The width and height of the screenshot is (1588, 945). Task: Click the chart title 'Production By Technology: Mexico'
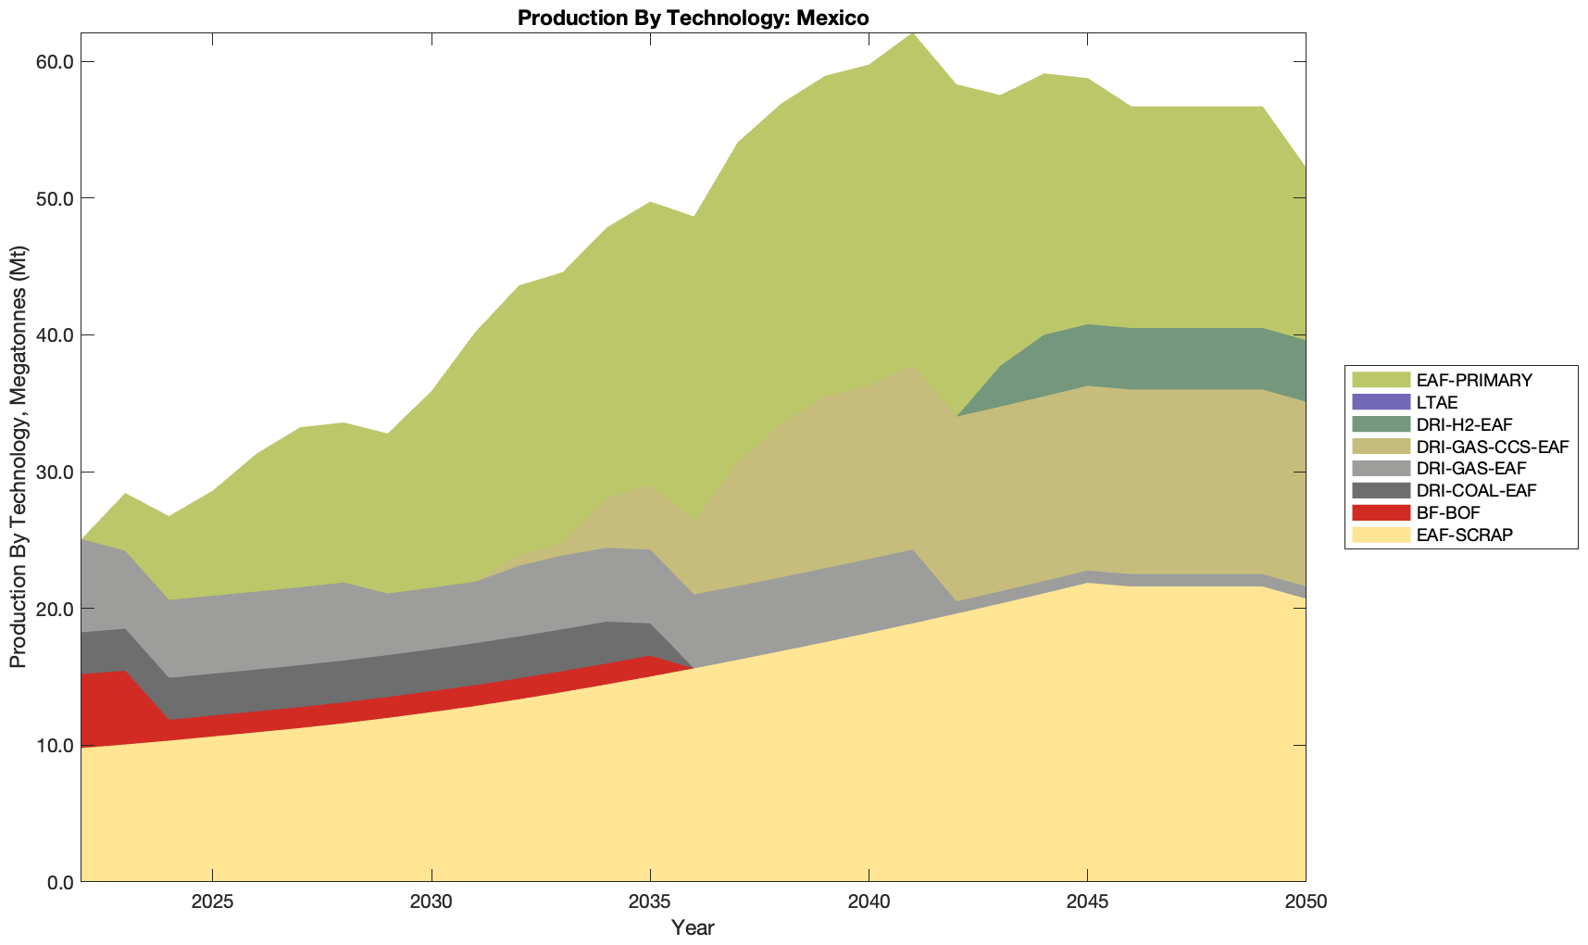[x=693, y=18]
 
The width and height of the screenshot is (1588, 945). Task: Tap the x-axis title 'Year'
[x=693, y=927]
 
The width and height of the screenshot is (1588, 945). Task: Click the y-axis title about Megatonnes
[x=18, y=457]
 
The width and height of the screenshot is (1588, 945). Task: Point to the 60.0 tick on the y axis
[x=56, y=62]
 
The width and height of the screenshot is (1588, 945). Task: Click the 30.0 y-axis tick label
[x=56, y=472]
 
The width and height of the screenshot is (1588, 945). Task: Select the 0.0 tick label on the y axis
[x=59, y=882]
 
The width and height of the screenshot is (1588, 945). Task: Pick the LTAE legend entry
[x=1437, y=402]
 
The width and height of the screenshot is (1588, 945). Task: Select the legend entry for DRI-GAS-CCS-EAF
[x=1492, y=447]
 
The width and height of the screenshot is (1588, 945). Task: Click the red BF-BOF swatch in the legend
[x=1381, y=512]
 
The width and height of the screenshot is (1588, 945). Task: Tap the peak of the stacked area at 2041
[x=912, y=34]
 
